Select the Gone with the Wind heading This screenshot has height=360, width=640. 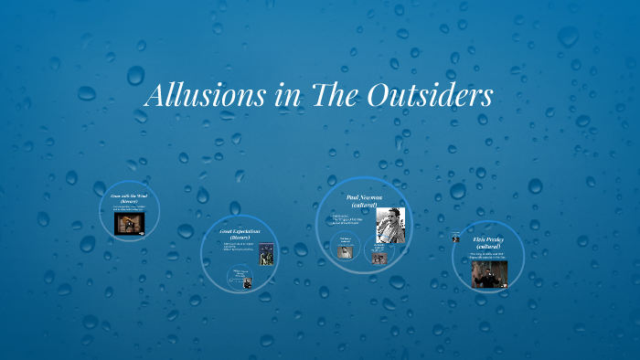click(129, 196)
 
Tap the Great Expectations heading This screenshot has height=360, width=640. click(240, 232)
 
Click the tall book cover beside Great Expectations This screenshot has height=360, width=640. click(266, 255)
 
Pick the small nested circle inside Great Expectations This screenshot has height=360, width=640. click(242, 278)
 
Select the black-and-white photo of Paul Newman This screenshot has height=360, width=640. click(391, 224)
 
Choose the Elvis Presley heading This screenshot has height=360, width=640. click(488, 239)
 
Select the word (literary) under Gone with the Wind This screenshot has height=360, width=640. click(129, 201)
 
